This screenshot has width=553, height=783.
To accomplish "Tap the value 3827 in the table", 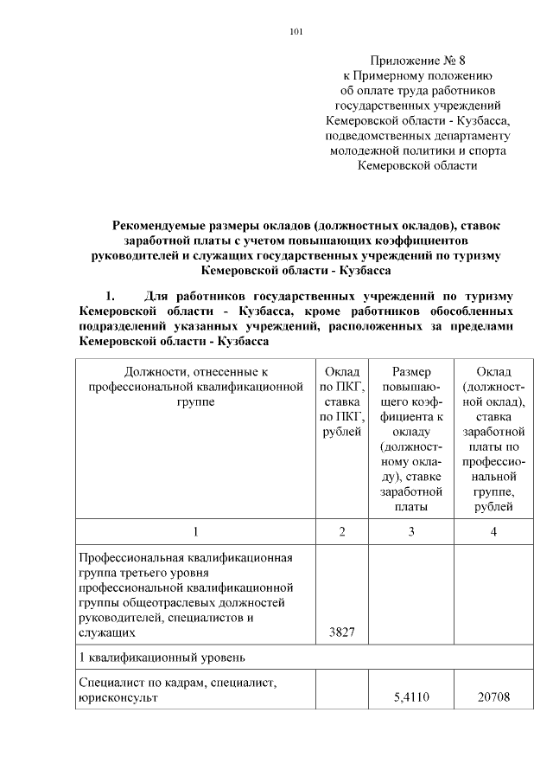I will click(x=342, y=633).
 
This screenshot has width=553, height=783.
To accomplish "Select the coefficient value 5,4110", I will click(x=410, y=700).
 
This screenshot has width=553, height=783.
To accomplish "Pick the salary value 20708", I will click(x=493, y=700).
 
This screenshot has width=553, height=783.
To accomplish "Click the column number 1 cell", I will click(x=195, y=531).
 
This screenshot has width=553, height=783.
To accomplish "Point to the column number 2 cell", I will click(x=342, y=531).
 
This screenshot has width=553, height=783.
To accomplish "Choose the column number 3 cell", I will click(x=410, y=531).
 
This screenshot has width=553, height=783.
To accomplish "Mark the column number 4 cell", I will click(x=493, y=531).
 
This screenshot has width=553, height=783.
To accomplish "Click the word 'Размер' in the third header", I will click(x=410, y=371).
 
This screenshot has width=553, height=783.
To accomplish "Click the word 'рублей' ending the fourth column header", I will click(x=493, y=507).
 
